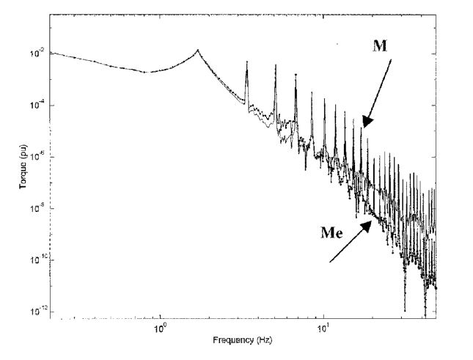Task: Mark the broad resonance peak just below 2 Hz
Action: tap(197, 50)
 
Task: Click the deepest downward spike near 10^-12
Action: tap(404, 311)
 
